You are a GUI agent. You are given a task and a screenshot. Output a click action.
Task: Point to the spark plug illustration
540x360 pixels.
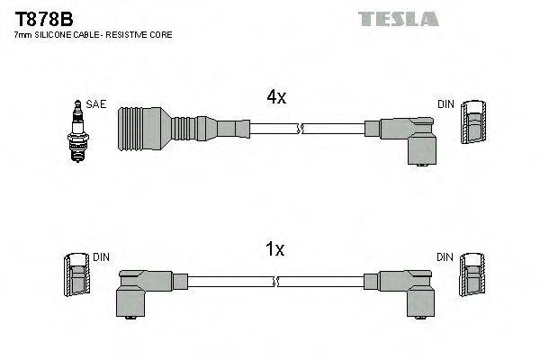coord(78,132)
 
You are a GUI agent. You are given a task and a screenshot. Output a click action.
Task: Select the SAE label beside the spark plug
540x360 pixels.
coord(97,104)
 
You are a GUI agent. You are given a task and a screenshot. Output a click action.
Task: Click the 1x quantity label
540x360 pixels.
coord(275,249)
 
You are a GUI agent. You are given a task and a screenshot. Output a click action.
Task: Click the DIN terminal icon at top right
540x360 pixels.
coord(472,121)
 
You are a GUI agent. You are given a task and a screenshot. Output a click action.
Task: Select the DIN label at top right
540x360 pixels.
coord(445,104)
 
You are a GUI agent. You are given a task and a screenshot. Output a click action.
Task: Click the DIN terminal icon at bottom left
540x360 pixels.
coord(77,274)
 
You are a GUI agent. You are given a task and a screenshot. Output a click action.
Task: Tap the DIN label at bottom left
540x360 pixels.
coord(102,257)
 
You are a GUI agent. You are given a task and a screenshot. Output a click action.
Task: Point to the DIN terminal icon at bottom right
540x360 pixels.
coord(472,274)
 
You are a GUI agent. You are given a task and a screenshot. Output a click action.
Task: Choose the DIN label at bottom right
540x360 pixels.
coord(445,257)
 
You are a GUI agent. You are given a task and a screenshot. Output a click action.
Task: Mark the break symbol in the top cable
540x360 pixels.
coord(303,130)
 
